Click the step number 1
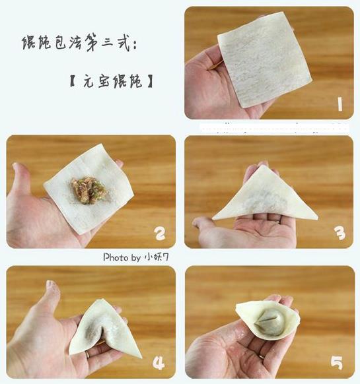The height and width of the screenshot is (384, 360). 340,104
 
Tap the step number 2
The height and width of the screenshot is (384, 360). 160,234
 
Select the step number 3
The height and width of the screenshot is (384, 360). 340,233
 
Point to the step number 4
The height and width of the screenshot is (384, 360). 159,363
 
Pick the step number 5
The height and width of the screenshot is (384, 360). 336,363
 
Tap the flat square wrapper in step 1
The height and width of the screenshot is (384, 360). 264,60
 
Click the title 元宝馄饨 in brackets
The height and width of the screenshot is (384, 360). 112,81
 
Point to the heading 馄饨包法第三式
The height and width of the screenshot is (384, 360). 76,43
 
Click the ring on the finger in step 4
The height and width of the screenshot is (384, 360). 87,354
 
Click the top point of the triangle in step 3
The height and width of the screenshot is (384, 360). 264,165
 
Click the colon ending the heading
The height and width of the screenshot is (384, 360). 134,46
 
